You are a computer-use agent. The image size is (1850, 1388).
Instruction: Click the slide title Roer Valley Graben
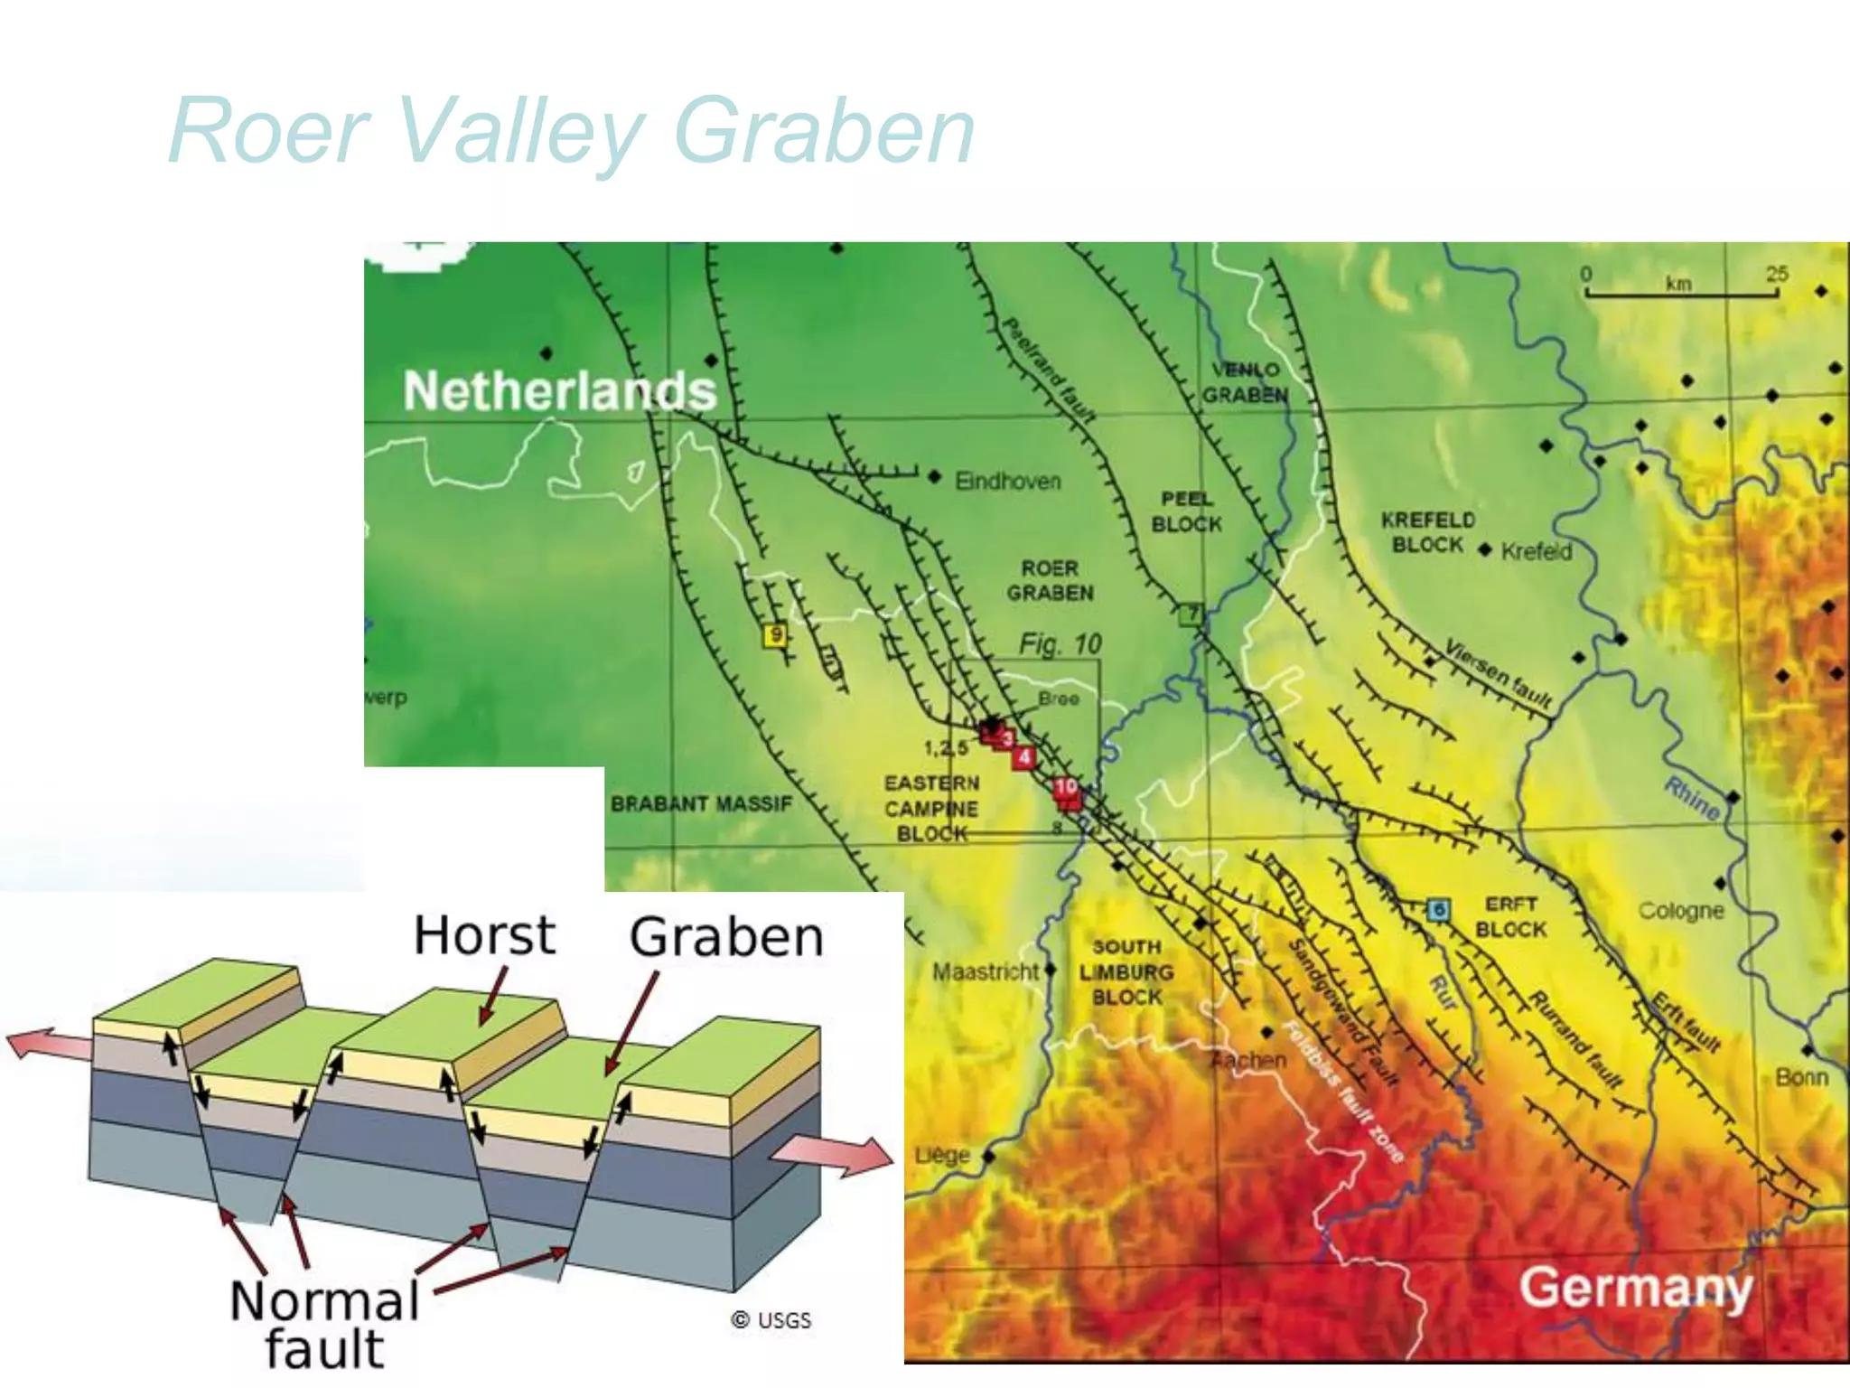pyautogui.click(x=571, y=132)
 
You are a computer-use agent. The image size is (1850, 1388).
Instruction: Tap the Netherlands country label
pyautogui.click(x=559, y=390)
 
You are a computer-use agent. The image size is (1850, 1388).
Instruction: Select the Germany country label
pyautogui.click(x=1635, y=1287)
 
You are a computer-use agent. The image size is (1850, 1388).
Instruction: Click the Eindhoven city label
pyautogui.click(x=1007, y=481)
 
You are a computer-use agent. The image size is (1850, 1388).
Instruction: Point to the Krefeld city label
pyautogui.click(x=1536, y=551)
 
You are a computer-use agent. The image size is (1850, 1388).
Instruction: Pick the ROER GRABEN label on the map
pyautogui.click(x=1050, y=580)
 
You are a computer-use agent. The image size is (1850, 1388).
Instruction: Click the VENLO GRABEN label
pyautogui.click(x=1245, y=382)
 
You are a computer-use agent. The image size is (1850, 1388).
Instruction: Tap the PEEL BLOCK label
pyautogui.click(x=1186, y=511)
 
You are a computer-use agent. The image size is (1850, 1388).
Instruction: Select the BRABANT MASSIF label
pyautogui.click(x=701, y=803)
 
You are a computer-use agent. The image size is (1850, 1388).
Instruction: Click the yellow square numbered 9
pyautogui.click(x=774, y=635)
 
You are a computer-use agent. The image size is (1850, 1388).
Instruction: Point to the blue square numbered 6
pyautogui.click(x=1438, y=909)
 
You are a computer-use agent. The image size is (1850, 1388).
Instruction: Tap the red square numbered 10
pyautogui.click(x=1066, y=786)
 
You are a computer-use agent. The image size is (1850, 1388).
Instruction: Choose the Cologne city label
pyautogui.click(x=1681, y=910)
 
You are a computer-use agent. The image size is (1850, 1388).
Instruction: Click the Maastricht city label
pyautogui.click(x=986, y=972)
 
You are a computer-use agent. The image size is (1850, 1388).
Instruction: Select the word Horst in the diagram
pyautogui.click(x=484, y=934)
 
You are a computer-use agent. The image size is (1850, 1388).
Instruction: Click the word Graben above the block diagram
pyautogui.click(x=726, y=936)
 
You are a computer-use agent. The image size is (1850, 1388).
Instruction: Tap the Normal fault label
pyautogui.click(x=325, y=1324)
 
